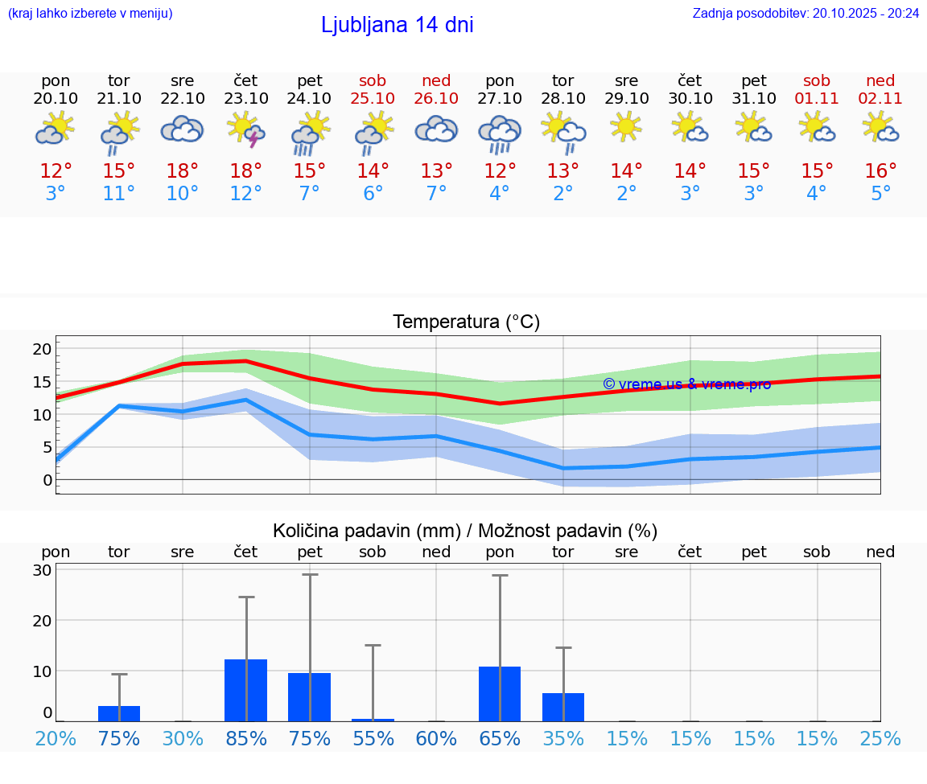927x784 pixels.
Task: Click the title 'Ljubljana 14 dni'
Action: click(x=397, y=25)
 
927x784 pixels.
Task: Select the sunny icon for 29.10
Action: click(x=626, y=127)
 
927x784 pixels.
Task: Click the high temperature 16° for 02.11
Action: click(x=880, y=170)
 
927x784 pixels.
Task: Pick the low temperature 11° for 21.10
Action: click(x=118, y=194)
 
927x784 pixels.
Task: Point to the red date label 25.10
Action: click(x=373, y=98)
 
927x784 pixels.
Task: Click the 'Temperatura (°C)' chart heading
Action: click(x=466, y=322)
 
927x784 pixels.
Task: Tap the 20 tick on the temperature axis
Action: click(x=42, y=348)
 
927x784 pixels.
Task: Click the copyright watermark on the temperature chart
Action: click(x=686, y=384)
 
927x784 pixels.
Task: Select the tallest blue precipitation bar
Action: click(x=245, y=690)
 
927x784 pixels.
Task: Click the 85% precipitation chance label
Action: click(x=246, y=738)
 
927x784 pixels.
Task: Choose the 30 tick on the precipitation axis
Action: click(x=42, y=570)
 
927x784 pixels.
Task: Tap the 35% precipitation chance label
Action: click(x=563, y=738)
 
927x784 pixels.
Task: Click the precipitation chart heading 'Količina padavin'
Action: click(x=465, y=531)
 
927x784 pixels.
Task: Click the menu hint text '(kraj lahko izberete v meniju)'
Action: click(x=90, y=13)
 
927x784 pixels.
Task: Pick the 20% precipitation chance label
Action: click(x=56, y=738)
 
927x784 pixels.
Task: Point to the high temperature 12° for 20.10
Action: click(x=56, y=170)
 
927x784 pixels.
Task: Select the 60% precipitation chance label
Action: click(x=436, y=738)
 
